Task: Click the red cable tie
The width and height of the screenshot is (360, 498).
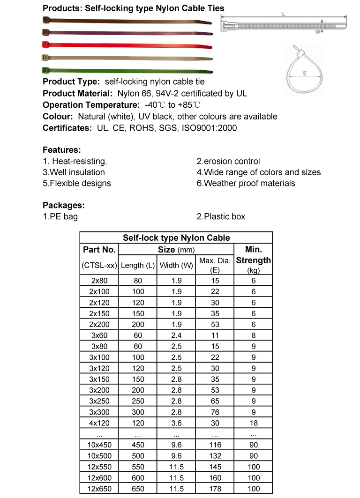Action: click(127, 45)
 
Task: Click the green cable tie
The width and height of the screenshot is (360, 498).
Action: click(127, 71)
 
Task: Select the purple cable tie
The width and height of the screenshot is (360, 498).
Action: click(127, 32)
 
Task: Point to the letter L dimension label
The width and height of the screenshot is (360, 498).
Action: click(284, 15)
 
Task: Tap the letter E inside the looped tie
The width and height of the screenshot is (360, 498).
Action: click(305, 74)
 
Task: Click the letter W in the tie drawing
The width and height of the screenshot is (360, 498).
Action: click(318, 32)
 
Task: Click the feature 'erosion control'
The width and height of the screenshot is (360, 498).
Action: click(228, 161)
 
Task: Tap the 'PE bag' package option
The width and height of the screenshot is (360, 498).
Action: click(60, 216)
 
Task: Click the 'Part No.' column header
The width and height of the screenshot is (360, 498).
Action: click(99, 249)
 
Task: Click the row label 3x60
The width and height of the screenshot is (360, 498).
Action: click(99, 334)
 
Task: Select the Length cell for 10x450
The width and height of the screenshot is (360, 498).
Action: click(138, 445)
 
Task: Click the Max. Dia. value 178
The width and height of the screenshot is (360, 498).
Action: click(215, 489)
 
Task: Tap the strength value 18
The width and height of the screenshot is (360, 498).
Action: click(253, 423)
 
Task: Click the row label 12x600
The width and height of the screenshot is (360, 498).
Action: click(99, 477)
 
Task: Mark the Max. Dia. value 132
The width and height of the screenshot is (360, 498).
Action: click(215, 456)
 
